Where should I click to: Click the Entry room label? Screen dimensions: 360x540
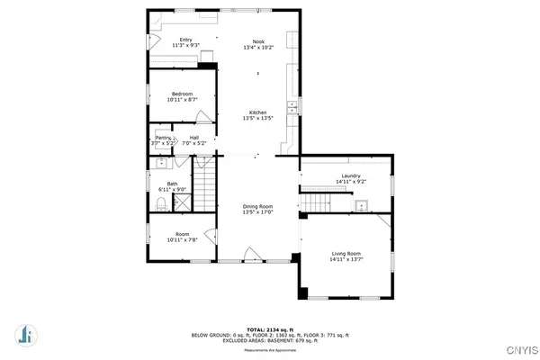(x=185, y=40)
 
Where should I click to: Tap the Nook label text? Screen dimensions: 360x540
(x=258, y=40)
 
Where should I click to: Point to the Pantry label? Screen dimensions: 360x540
(x=163, y=138)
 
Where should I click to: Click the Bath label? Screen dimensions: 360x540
(x=171, y=184)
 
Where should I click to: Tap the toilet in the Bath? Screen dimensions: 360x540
(x=159, y=205)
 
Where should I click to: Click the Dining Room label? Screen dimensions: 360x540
(x=258, y=206)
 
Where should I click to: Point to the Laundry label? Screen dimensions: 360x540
(x=350, y=175)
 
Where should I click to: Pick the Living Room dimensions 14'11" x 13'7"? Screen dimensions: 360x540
(x=346, y=260)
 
